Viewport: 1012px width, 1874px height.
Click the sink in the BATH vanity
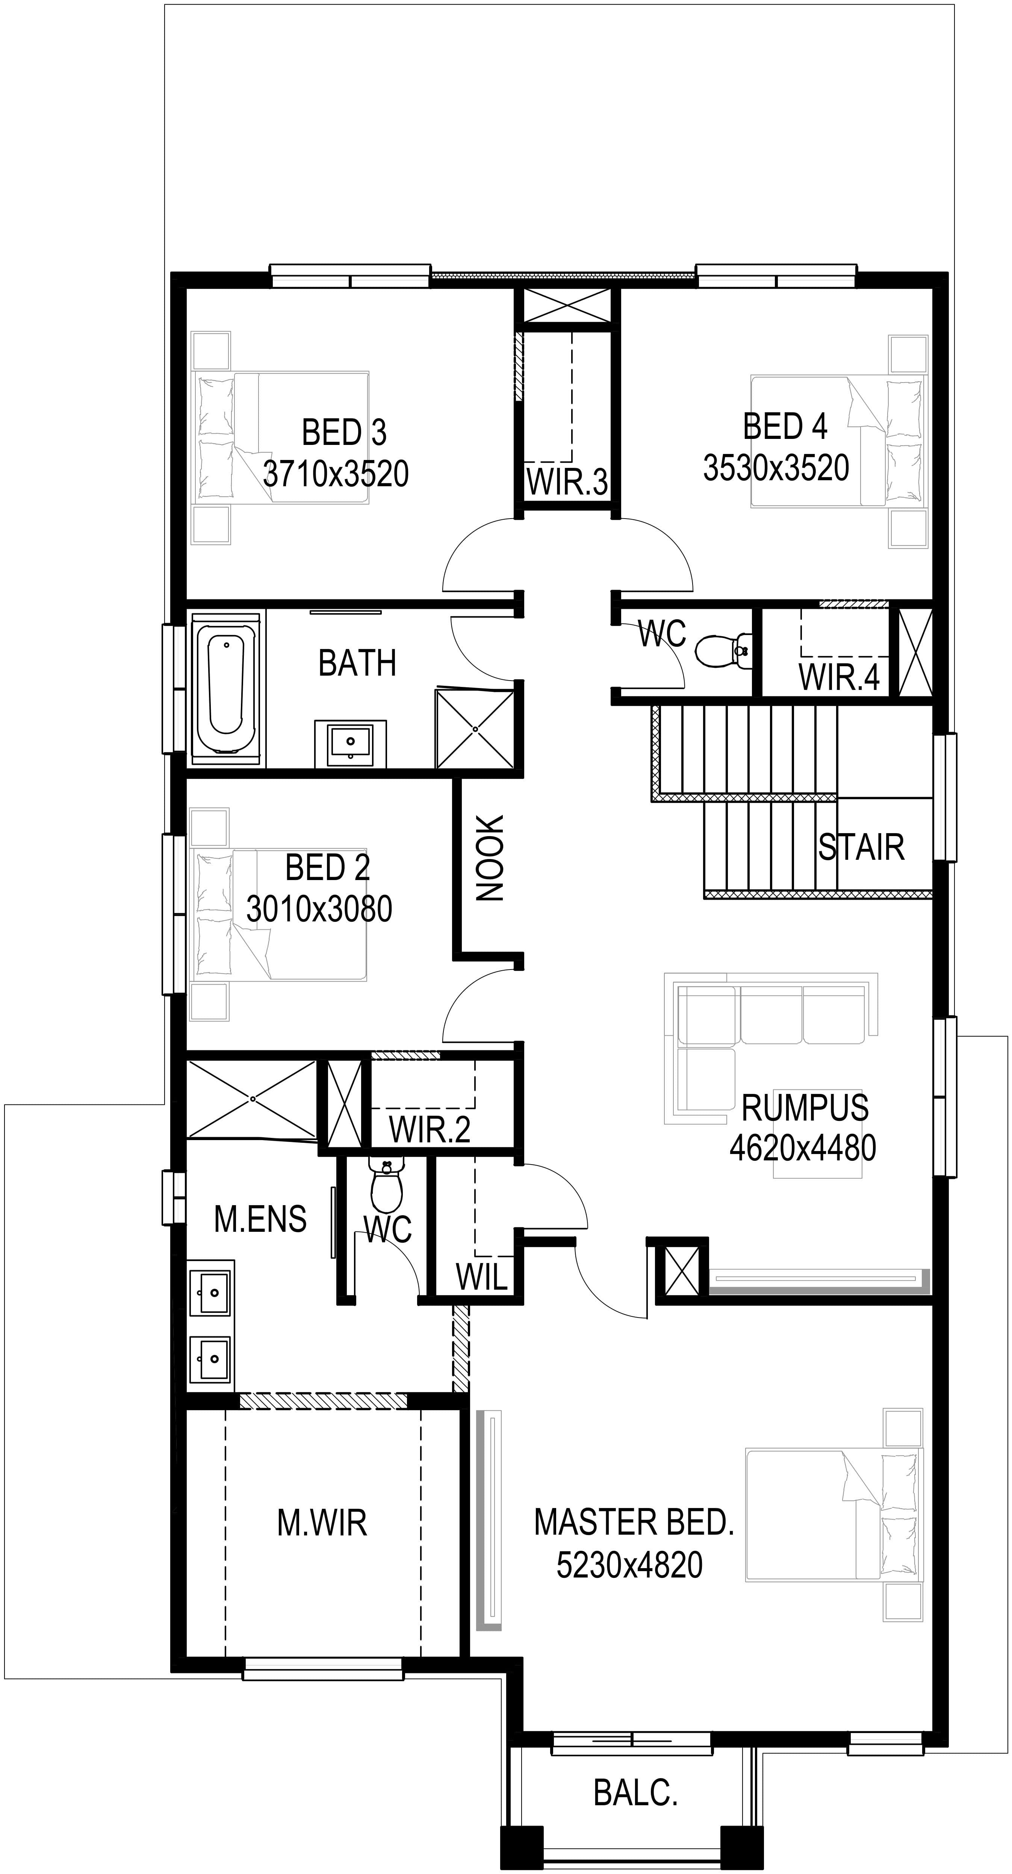[x=351, y=742]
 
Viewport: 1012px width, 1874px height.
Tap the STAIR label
[x=861, y=847]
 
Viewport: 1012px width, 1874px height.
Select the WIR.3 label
[x=567, y=482]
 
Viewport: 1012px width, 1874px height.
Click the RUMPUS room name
[x=805, y=1107]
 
